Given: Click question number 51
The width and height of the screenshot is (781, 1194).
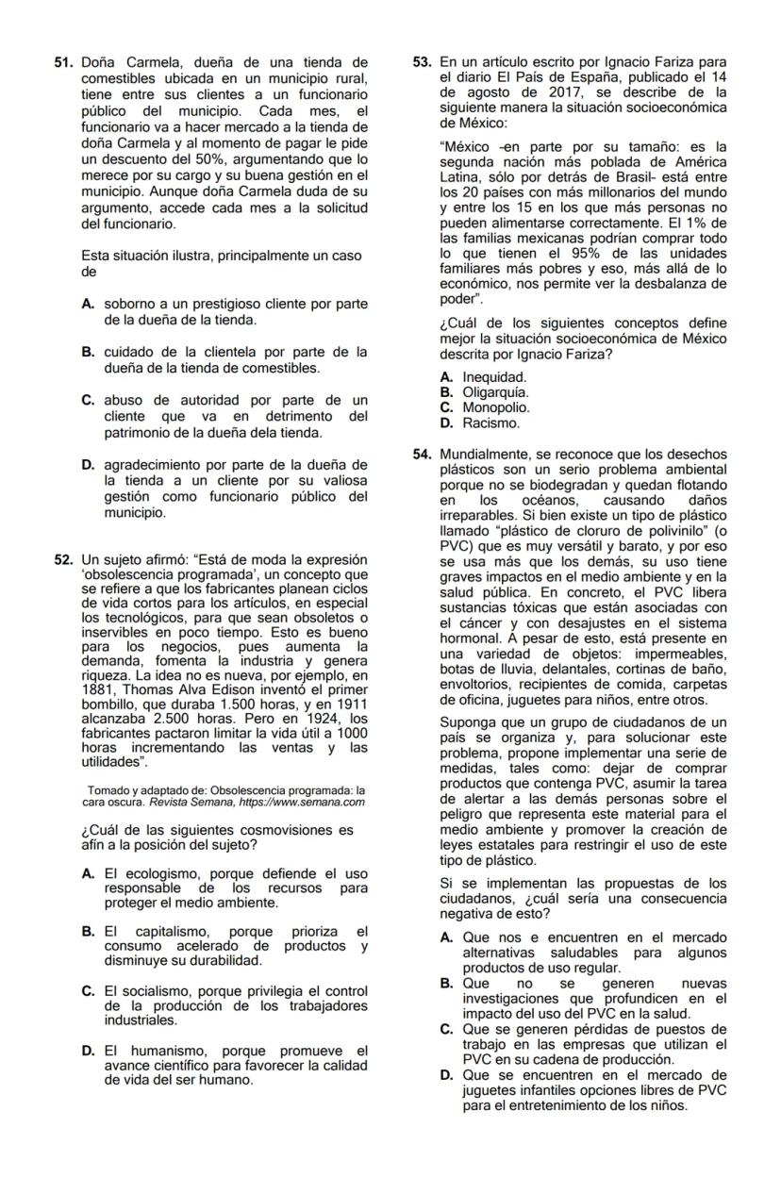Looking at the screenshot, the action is pos(63,62).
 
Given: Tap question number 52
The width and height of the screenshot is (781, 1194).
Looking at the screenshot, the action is pos(63,560).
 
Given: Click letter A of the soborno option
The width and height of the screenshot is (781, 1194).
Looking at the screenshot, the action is pos(88,305).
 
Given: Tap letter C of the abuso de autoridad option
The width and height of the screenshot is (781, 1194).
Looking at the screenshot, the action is pos(88,401).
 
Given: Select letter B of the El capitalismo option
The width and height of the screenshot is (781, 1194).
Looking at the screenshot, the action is pos(88,933).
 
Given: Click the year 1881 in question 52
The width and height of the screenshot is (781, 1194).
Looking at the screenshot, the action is pos(95,688).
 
